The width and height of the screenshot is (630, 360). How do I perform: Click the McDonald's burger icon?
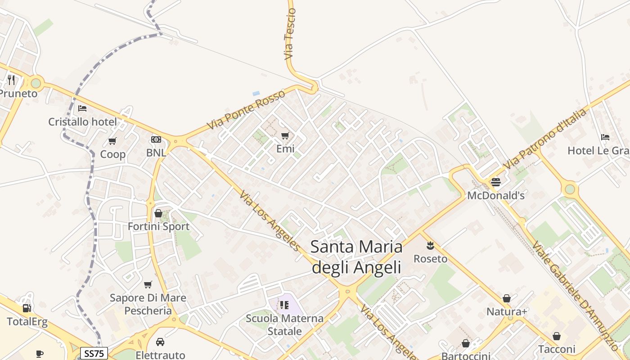[496, 182]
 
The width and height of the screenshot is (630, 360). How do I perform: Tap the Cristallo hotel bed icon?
[82, 108]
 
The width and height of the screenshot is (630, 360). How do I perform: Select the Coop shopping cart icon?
[112, 141]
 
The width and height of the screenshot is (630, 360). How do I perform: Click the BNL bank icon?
[156, 139]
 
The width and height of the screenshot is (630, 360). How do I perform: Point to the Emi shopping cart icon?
[285, 135]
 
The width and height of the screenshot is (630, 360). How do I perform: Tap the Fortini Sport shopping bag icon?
[158, 213]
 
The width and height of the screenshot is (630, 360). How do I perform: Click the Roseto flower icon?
[431, 246]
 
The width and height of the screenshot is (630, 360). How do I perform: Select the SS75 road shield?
[94, 353]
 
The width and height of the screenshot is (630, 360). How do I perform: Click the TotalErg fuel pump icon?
[27, 308]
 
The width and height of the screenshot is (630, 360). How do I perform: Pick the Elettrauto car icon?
[160, 342]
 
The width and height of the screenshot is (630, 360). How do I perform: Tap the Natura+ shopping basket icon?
[507, 298]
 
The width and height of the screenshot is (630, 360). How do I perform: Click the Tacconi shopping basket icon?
[557, 336]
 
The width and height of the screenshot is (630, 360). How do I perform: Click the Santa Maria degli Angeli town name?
[356, 257]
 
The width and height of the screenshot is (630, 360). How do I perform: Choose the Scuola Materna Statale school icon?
[284, 305]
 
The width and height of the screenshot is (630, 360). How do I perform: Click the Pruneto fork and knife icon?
[11, 80]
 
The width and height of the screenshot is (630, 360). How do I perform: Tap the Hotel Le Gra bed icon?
[605, 137]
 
